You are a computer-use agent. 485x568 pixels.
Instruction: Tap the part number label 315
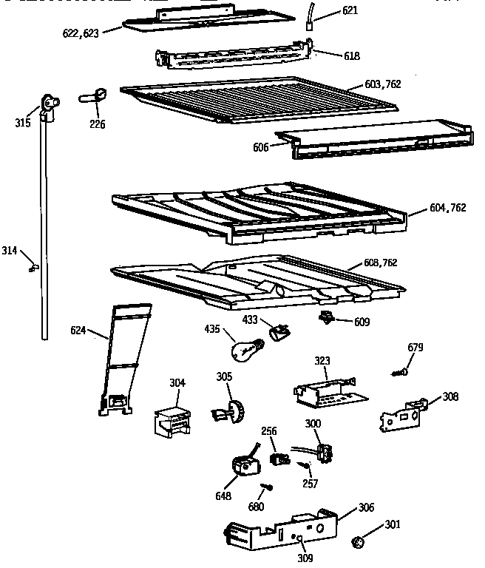click(x=23, y=123)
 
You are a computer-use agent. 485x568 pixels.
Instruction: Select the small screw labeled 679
click(x=401, y=371)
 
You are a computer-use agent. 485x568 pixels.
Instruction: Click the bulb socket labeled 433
click(x=279, y=333)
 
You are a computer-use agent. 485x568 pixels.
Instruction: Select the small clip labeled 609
click(x=325, y=319)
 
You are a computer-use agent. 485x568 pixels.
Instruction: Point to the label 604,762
click(x=447, y=208)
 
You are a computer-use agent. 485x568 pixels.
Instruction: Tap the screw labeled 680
click(x=265, y=489)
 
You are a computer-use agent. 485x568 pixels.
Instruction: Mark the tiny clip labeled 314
click(x=34, y=266)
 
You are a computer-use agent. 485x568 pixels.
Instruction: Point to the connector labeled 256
click(x=279, y=458)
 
